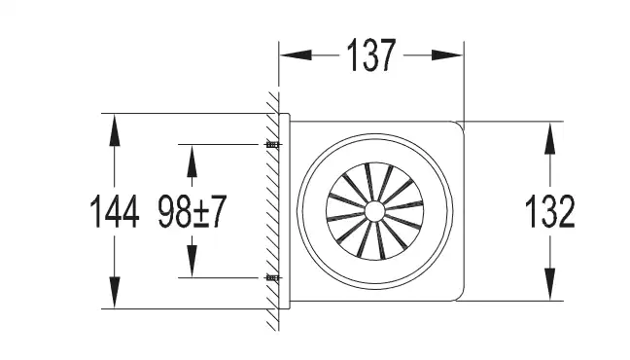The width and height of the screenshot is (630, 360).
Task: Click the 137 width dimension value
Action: click(x=371, y=55)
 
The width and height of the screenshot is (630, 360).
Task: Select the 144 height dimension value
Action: click(x=115, y=211)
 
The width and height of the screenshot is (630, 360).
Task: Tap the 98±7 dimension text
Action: click(x=192, y=211)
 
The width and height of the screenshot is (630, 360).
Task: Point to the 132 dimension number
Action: click(x=549, y=211)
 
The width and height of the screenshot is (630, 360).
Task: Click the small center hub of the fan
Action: click(x=374, y=211)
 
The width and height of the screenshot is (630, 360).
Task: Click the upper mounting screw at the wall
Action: click(x=273, y=144)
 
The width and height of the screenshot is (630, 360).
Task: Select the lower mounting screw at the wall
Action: click(x=273, y=277)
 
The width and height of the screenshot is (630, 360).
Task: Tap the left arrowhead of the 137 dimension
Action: click(x=296, y=55)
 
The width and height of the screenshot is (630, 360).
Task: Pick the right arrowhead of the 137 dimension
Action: click(x=447, y=55)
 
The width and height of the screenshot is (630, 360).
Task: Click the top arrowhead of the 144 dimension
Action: click(x=115, y=129)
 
